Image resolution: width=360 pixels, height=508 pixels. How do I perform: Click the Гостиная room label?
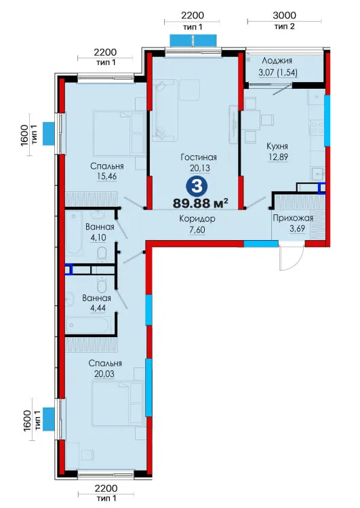(x=199, y=157)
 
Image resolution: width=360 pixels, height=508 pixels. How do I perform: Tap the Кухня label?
(x=277, y=146)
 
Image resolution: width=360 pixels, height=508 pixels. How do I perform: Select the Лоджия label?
(x=277, y=60)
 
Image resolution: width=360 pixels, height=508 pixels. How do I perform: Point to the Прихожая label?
(x=293, y=218)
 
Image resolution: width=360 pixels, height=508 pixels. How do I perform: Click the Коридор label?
(x=197, y=219)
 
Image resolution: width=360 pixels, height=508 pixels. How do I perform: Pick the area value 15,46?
(x=106, y=176)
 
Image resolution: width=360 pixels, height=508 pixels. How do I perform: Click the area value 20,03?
(x=104, y=374)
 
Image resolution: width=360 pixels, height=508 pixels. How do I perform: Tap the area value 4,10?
(x=98, y=237)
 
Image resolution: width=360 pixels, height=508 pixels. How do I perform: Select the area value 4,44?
(x=98, y=308)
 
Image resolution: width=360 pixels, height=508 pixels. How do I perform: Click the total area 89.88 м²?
(x=201, y=203)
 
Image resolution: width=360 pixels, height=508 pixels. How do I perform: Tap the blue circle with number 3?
(x=197, y=187)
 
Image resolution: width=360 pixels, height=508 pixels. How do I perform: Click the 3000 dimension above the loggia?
(x=284, y=15)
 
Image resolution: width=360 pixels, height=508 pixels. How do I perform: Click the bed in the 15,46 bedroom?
(x=119, y=133)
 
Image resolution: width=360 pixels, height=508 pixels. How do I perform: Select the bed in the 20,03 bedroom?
(x=117, y=404)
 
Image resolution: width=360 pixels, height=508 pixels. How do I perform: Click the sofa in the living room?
(x=165, y=111)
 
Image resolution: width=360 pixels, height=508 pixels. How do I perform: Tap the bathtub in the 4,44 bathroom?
(x=88, y=326)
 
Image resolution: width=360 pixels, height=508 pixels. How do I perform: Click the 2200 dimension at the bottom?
(x=106, y=488)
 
